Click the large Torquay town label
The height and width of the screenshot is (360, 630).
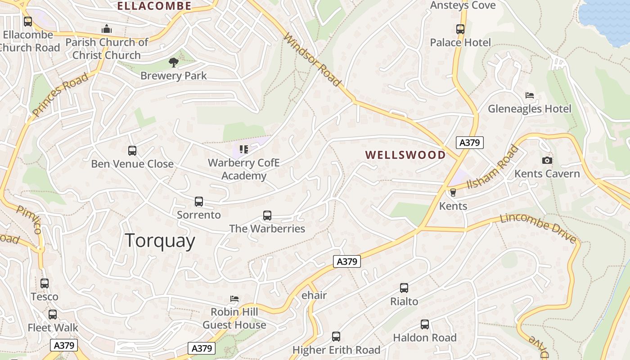pyautogui.click(x=160, y=241)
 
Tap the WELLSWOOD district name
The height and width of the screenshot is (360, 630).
pyautogui.click(x=405, y=155)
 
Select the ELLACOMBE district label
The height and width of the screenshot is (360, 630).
pyautogui.click(x=154, y=6)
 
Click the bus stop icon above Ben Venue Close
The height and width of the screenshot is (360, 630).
pyautogui.click(x=132, y=151)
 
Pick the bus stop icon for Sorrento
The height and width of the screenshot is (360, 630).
pyautogui.click(x=199, y=202)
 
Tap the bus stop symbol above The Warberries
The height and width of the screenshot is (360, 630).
pyautogui.click(x=267, y=216)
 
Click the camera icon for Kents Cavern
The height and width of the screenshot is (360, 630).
pyautogui.click(x=547, y=161)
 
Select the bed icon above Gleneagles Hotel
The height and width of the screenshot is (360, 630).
pyautogui.click(x=530, y=96)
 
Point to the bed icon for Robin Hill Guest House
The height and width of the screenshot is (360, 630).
pyautogui.click(x=234, y=299)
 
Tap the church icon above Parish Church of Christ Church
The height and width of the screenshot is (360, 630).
pyautogui.click(x=107, y=29)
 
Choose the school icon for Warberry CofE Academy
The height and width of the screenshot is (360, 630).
pyautogui.click(x=243, y=149)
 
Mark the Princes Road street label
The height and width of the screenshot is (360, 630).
pyautogui.click(x=60, y=95)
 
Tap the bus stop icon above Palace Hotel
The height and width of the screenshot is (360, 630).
pyautogui.click(x=460, y=29)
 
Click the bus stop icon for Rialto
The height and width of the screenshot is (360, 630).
pyautogui.click(x=404, y=288)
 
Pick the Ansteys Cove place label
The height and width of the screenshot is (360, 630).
pyautogui.click(x=463, y=5)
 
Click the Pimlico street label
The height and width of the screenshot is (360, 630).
pyautogui.click(x=29, y=220)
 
